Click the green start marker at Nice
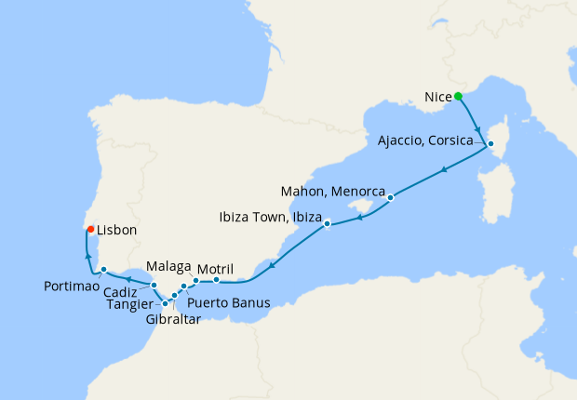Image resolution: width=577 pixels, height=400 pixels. [x=458, y=96]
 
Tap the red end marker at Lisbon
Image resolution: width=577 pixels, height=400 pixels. [x=90, y=229]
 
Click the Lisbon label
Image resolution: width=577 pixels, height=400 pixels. [x=117, y=229]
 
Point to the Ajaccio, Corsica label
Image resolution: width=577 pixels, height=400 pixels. [x=431, y=142]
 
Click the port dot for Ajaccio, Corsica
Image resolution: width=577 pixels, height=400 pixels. [x=490, y=143]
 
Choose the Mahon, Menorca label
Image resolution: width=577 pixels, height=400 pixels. [x=332, y=192]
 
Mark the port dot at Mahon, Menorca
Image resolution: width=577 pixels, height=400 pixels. [x=391, y=197]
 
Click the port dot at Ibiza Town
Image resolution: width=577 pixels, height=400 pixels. [x=328, y=223]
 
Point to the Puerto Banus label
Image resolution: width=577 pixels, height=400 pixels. [x=228, y=302]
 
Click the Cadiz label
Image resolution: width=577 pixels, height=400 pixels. [x=130, y=288]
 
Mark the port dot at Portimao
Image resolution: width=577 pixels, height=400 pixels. [x=104, y=270]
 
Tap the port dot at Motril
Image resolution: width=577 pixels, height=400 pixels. [x=216, y=279]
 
